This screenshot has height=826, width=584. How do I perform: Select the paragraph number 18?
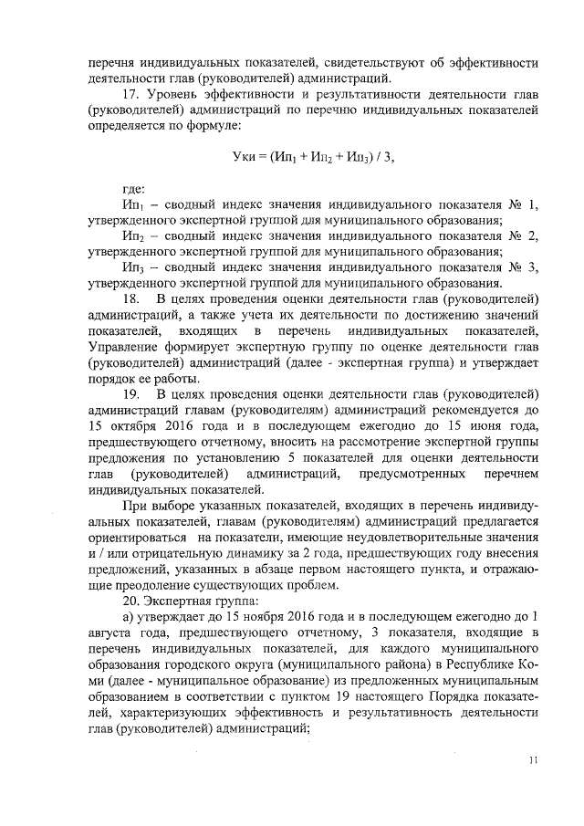tap(130, 298)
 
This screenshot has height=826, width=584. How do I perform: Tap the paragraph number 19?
tap(130, 394)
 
